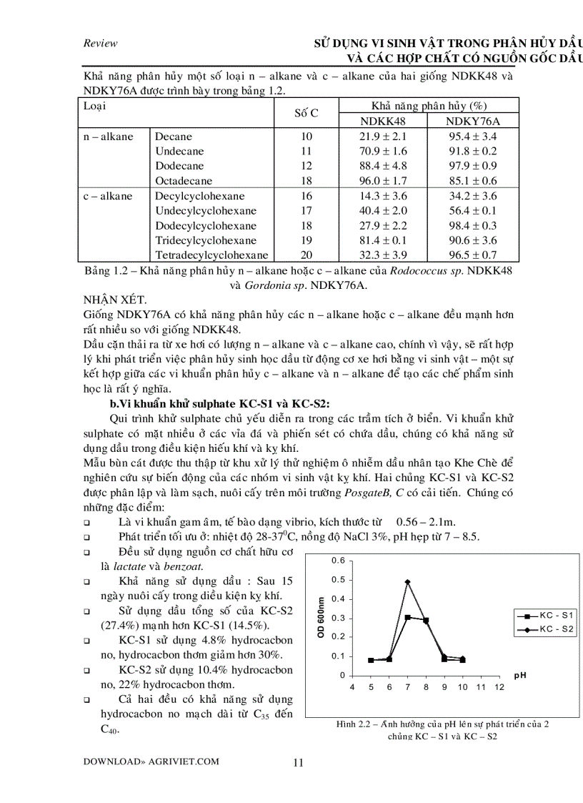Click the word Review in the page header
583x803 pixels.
click(100, 44)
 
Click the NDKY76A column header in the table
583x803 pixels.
click(472, 121)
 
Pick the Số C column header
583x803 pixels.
click(307, 113)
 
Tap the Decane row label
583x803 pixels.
click(174, 137)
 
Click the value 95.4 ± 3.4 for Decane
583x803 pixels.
click(472, 137)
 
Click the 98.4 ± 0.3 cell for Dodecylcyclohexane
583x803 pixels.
click(472, 225)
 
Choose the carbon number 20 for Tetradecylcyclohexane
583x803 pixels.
click(307, 255)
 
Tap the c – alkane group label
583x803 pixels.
click(106, 196)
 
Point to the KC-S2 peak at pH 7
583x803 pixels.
click(407, 582)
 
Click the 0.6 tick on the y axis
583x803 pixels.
click(339, 560)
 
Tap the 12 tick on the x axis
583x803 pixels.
click(499, 687)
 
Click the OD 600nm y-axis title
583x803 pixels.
click(322, 617)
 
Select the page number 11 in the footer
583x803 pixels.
click(299, 762)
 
